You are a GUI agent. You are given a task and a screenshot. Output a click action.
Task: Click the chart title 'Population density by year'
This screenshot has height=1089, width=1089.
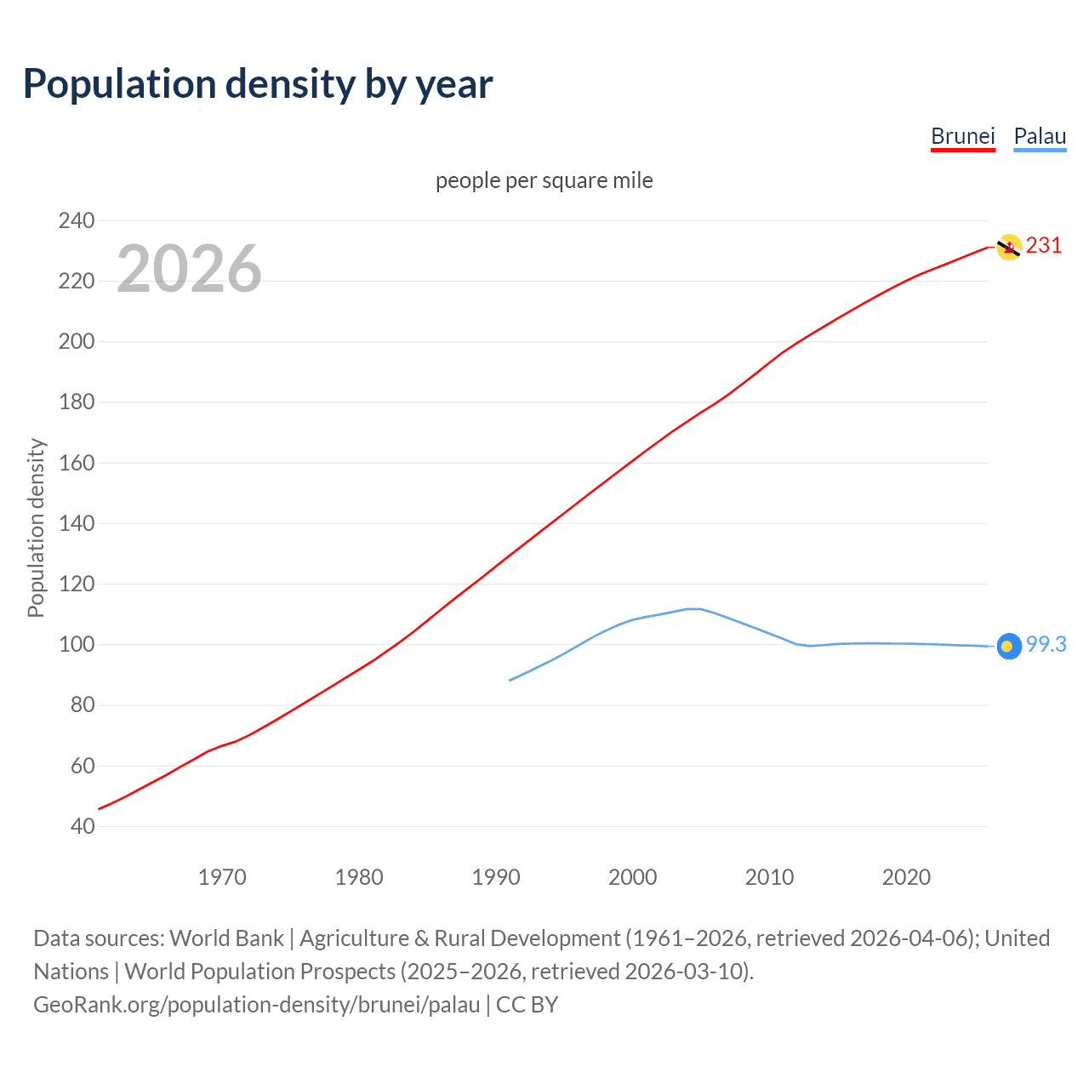point(258,84)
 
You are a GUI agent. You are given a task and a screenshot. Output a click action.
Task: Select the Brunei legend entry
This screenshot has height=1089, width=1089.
point(962,136)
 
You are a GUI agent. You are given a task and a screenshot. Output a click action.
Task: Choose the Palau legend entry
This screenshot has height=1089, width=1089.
point(1040,136)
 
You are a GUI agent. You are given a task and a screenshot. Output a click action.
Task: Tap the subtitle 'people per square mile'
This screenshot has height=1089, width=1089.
point(544,180)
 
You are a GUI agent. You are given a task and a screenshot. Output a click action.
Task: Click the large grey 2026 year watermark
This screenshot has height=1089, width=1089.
point(189,269)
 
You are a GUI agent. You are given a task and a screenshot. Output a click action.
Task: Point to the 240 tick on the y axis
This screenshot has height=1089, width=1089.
point(77,220)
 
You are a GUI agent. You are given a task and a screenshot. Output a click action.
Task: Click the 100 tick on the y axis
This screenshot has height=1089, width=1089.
point(77,645)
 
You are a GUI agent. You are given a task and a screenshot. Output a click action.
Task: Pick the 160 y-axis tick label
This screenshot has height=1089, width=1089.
point(77,463)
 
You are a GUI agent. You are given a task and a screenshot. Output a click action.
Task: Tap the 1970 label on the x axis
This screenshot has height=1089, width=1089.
point(222,877)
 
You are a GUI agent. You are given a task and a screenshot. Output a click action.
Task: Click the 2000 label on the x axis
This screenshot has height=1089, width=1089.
point(632,877)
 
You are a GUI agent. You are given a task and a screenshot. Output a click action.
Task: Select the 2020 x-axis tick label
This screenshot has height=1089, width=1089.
point(906,877)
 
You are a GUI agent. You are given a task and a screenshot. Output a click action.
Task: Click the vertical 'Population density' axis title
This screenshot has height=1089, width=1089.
point(36,527)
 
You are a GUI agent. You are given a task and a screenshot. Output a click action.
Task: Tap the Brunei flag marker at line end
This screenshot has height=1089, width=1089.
point(1009,248)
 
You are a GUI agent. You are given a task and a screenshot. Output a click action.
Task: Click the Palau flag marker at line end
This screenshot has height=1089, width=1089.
point(1009,647)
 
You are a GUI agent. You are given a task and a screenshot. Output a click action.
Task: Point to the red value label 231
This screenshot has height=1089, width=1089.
point(1044,246)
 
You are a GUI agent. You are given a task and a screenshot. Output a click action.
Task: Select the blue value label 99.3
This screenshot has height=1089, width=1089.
point(1046,645)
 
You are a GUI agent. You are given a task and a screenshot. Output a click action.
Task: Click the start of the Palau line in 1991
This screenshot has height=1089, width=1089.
point(510,680)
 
